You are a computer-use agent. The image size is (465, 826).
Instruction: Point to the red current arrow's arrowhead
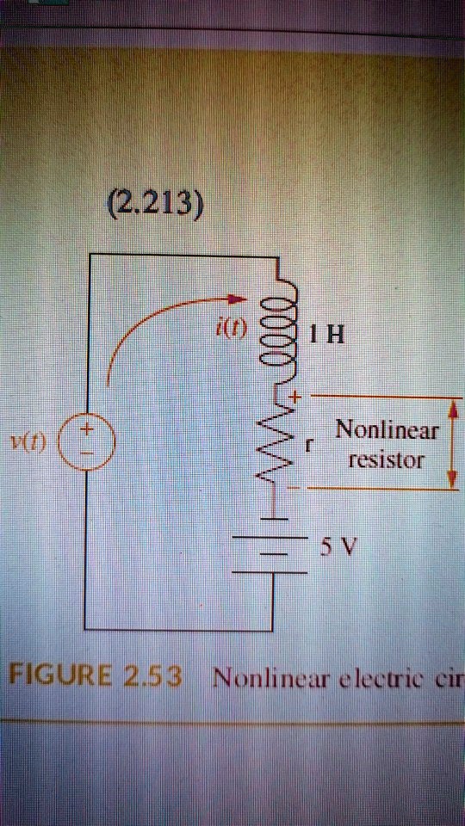(238, 299)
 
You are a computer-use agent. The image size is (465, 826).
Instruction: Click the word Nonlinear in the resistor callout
(387, 429)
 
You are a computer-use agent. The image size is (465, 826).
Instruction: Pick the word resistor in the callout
(387, 459)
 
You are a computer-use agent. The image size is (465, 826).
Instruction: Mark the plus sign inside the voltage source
(88, 428)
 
